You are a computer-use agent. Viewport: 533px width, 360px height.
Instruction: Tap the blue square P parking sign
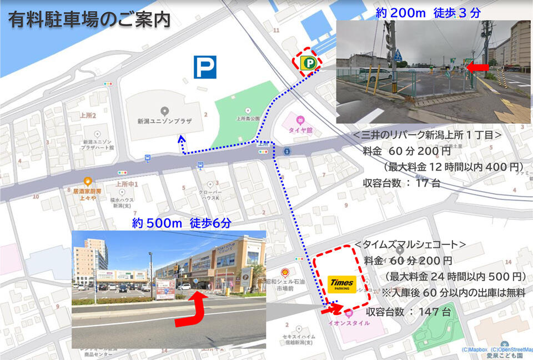(x=205, y=67)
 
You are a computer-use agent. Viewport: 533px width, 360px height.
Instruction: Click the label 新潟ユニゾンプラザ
(x=164, y=121)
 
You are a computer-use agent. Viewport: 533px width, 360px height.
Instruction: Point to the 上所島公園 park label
(x=248, y=118)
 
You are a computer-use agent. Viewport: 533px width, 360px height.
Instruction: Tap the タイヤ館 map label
(x=301, y=131)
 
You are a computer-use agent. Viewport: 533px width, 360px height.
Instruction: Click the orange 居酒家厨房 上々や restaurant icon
(x=87, y=181)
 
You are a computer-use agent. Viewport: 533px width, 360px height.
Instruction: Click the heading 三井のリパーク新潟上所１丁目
(x=428, y=135)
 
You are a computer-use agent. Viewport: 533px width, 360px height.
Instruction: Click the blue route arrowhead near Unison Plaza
(x=181, y=141)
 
